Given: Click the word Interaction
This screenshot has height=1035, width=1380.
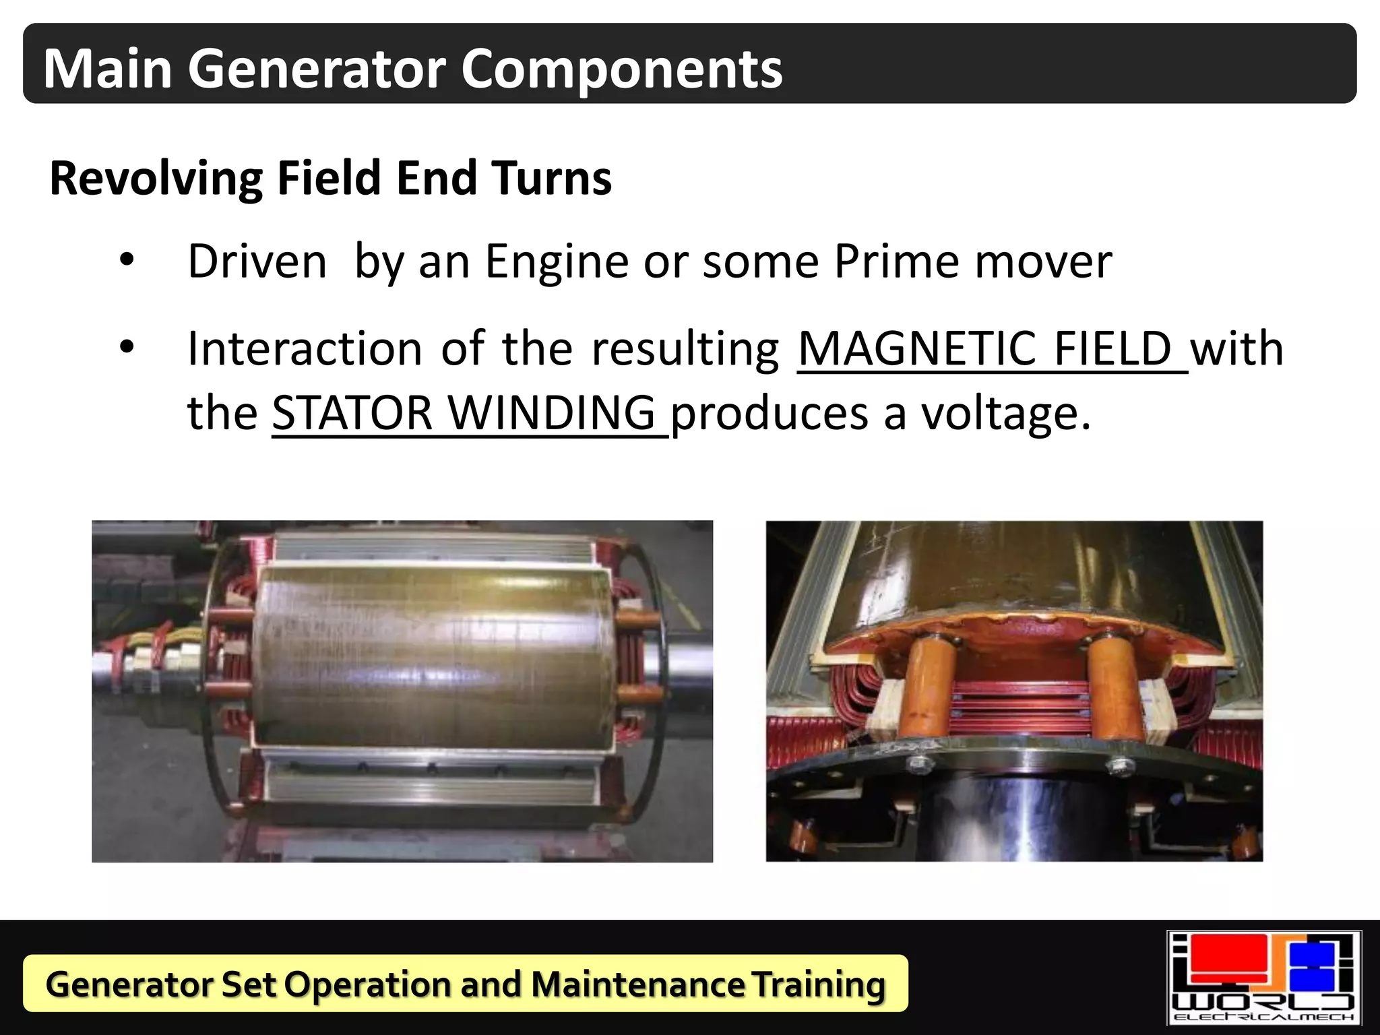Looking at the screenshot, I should (305, 349).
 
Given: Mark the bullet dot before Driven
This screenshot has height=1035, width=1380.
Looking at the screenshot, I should (127, 260).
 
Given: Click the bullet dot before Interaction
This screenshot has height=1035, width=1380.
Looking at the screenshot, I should (127, 348).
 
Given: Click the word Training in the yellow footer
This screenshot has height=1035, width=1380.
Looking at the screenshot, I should (818, 984).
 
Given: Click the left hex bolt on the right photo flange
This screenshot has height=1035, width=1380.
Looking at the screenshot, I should (918, 764).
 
